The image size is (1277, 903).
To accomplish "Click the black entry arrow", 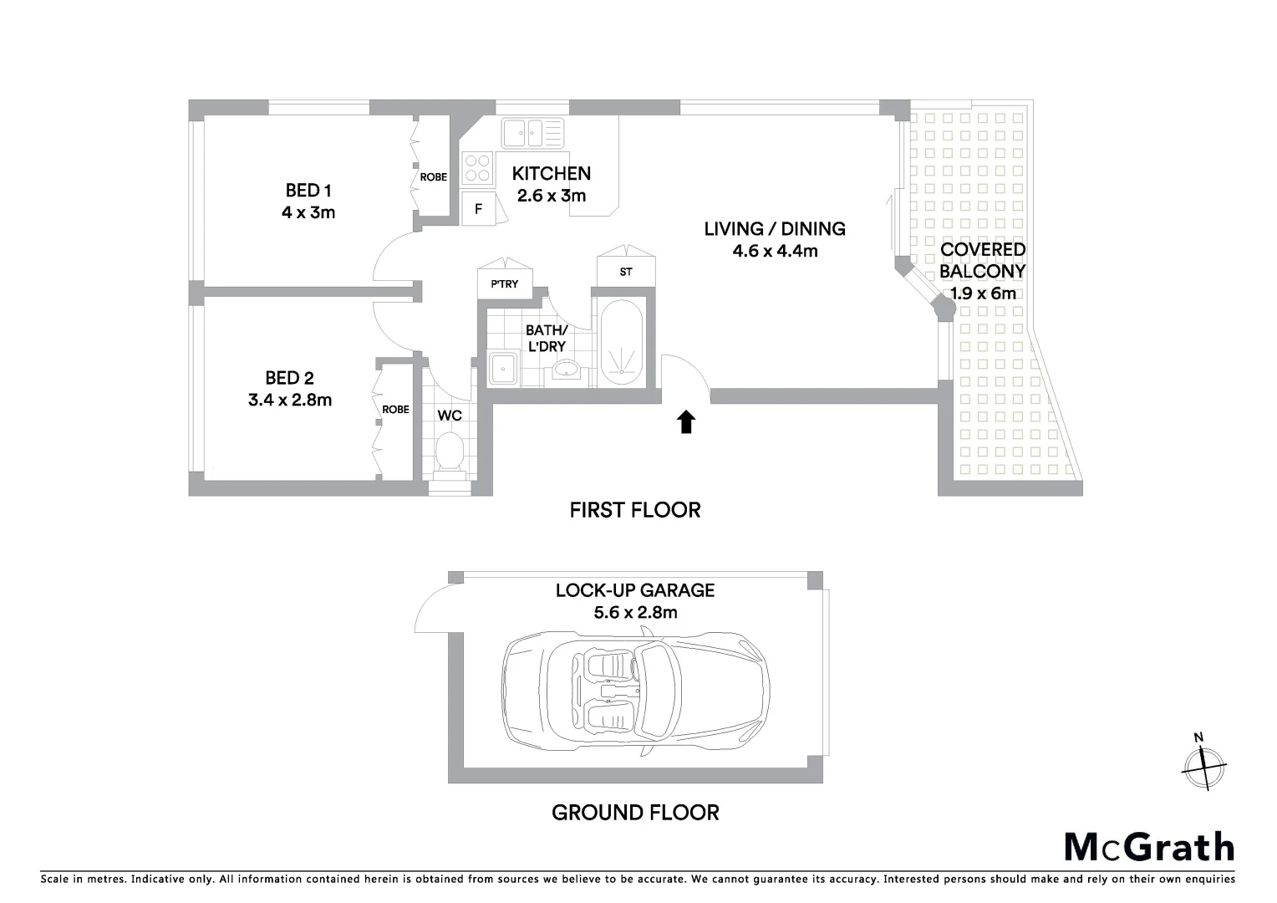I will [685, 422].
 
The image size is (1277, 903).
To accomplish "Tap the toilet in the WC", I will [450, 451].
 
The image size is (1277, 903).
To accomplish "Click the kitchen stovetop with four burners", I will [477, 167].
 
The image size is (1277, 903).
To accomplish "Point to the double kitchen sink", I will [532, 132].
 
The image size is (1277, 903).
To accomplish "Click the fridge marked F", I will [478, 209].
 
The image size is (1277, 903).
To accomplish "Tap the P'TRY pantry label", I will [504, 284].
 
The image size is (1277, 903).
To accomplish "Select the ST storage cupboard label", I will [626, 272].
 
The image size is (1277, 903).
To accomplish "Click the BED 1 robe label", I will [433, 177].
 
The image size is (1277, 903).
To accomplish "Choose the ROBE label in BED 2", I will [395, 410].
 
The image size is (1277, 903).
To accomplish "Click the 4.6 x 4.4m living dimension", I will [775, 251].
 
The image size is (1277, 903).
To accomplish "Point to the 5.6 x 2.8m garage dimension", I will [635, 612].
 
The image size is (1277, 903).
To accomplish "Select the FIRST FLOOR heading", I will [635, 510].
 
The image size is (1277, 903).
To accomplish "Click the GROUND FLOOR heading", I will [635, 812].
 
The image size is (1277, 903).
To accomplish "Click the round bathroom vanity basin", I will [569, 368].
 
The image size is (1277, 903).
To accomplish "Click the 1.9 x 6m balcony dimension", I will [983, 293].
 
